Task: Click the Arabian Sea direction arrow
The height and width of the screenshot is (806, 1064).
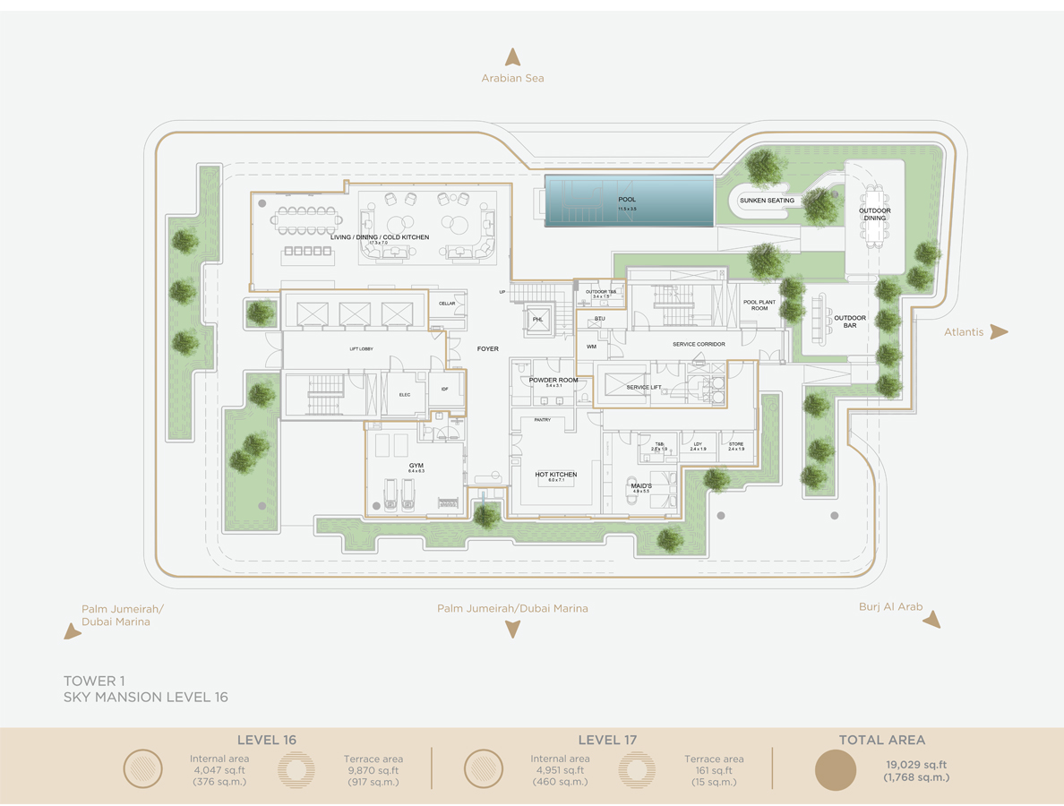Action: click(512, 57)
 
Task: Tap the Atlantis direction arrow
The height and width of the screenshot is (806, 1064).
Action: click(999, 332)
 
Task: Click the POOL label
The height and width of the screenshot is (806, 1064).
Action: click(626, 199)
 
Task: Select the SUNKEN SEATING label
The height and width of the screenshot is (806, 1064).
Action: click(767, 201)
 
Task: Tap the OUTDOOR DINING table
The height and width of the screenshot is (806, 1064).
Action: click(874, 214)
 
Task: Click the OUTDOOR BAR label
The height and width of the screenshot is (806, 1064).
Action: click(850, 322)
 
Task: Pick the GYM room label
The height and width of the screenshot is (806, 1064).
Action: click(416, 466)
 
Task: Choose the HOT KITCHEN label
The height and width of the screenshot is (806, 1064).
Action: click(555, 475)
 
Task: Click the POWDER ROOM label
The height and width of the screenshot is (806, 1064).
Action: click(553, 381)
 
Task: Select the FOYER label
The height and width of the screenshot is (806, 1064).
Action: click(487, 348)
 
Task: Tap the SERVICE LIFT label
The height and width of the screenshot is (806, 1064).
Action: click(644, 388)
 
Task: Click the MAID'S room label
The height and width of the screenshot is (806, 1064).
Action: click(640, 486)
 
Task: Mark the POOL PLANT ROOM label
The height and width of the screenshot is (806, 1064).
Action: click(759, 305)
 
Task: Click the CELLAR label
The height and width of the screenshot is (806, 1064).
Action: click(447, 304)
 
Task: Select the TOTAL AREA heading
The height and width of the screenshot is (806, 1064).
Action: click(881, 740)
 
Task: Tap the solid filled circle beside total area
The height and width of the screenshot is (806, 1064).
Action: click(835, 770)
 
